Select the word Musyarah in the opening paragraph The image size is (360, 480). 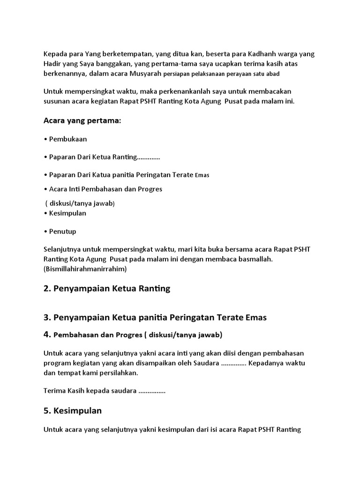pyautogui.click(x=146, y=74)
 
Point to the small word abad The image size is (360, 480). pyautogui.click(x=277, y=74)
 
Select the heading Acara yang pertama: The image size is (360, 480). pyautogui.click(x=82, y=121)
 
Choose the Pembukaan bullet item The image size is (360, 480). pyautogui.click(x=67, y=139)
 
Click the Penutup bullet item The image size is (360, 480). pyautogui.click(x=62, y=231)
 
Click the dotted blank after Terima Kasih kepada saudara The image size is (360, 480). pyautogui.click(x=152, y=390)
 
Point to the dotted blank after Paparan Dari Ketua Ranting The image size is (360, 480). pyautogui.click(x=149, y=157)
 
